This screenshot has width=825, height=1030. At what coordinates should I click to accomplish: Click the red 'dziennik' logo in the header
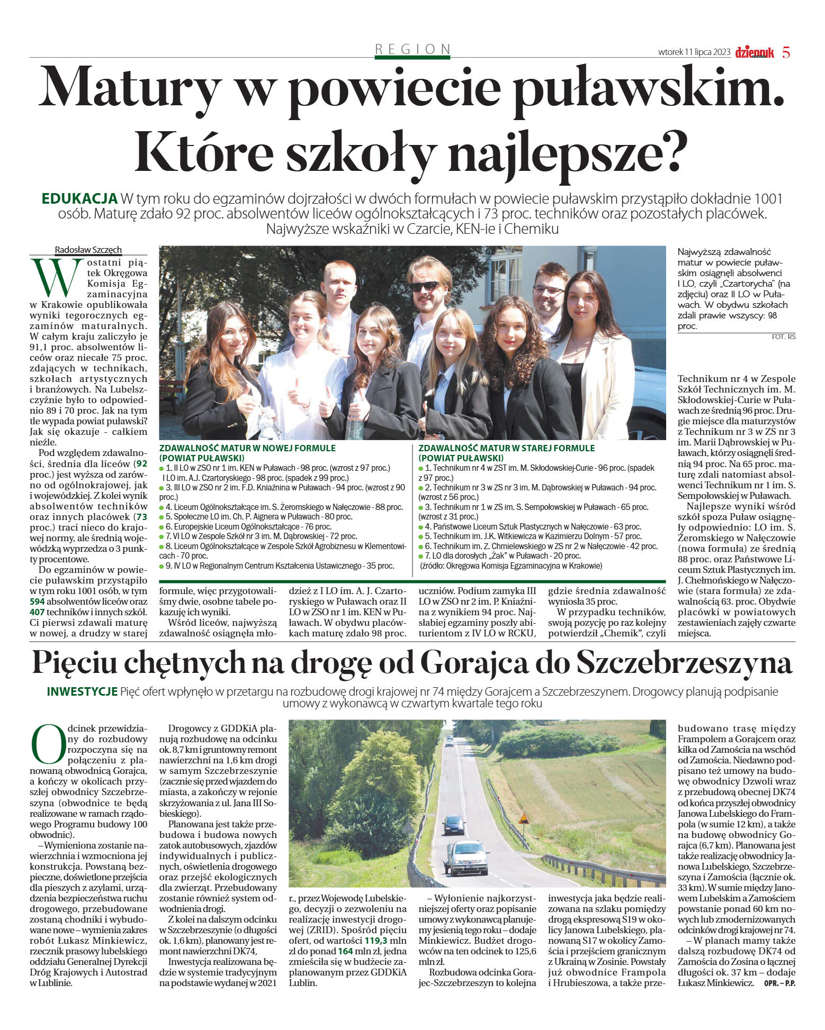click(754, 52)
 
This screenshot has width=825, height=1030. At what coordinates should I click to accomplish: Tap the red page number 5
click(786, 52)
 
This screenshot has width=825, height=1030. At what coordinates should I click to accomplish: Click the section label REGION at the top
click(412, 49)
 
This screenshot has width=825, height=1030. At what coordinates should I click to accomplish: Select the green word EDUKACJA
click(79, 199)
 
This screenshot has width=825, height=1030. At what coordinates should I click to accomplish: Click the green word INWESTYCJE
click(82, 691)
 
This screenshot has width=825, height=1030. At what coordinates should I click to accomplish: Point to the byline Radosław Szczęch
click(88, 250)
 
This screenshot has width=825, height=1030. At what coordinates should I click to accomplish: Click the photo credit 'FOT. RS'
click(784, 336)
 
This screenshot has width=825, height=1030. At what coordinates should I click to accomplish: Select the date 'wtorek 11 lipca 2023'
click(694, 52)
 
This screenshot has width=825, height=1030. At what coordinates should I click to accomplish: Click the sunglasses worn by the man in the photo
click(426, 286)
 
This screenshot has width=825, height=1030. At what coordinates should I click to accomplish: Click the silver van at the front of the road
click(466, 858)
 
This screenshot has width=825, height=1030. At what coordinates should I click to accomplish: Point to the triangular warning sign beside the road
click(524, 819)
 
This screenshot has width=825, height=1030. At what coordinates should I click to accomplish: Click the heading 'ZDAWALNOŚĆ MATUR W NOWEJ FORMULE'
click(247, 448)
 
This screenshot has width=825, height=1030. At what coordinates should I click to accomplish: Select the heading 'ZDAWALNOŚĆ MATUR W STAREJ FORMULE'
click(506, 448)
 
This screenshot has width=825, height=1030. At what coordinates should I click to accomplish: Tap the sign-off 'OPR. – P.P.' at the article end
click(779, 983)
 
